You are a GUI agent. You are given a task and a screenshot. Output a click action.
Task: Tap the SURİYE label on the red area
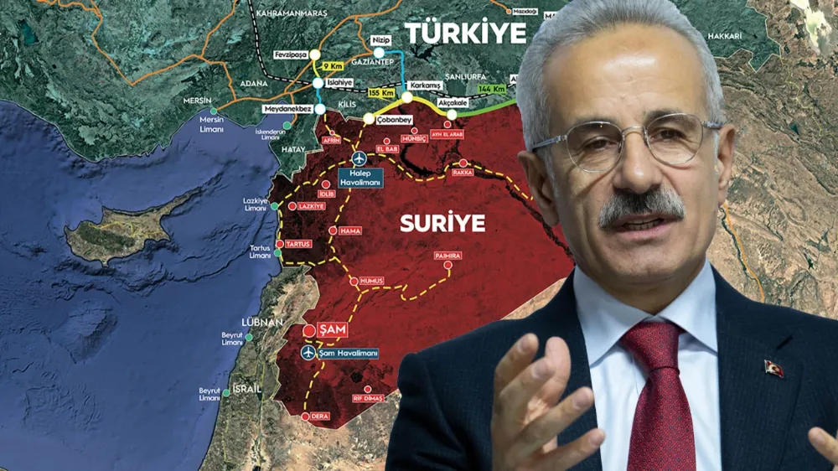click(442, 223)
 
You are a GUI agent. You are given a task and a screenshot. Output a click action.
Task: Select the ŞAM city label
click(332, 331)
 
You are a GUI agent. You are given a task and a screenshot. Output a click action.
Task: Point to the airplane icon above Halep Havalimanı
click(360, 158)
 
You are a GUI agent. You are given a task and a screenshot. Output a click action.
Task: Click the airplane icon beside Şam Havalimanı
click(308, 353)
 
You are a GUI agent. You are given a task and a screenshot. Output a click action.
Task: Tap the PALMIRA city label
click(447, 255)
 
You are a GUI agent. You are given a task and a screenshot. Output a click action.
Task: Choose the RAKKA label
click(463, 173)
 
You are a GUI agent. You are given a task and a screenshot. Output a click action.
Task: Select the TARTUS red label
click(298, 244)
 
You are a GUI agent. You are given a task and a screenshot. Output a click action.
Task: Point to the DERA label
click(319, 416)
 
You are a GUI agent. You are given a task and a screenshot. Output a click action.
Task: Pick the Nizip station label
click(379, 39)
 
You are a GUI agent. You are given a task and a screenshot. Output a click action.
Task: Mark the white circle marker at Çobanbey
click(369, 119)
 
